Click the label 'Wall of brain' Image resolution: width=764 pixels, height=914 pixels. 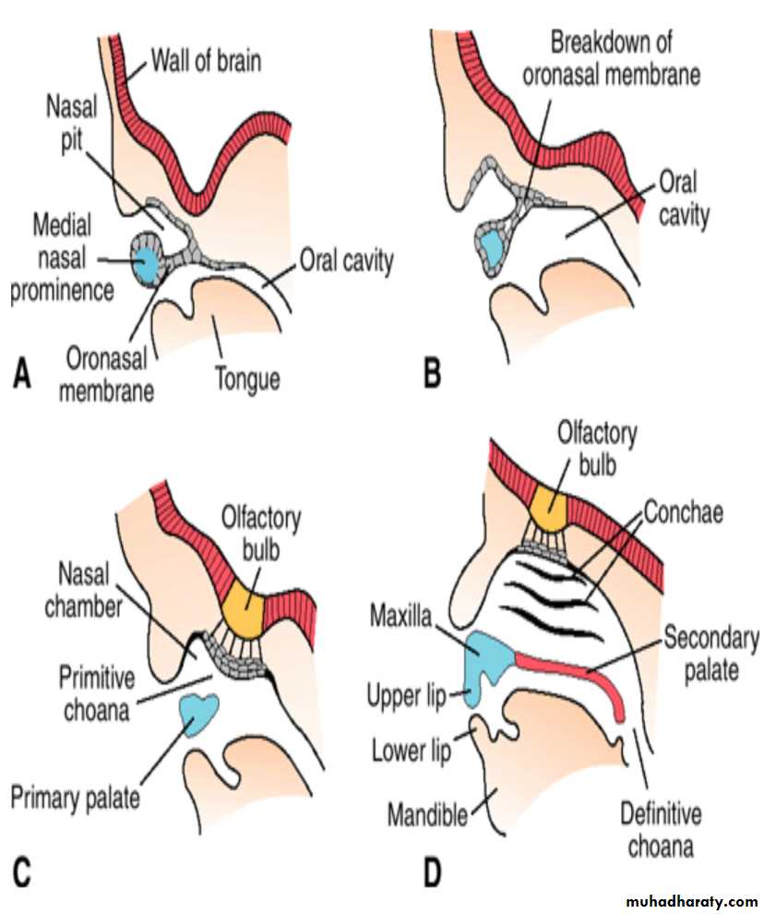[205, 63]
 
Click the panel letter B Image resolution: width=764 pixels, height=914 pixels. [430, 375]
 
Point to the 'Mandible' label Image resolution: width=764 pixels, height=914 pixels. [427, 816]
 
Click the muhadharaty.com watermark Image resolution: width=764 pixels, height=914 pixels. [691, 900]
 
